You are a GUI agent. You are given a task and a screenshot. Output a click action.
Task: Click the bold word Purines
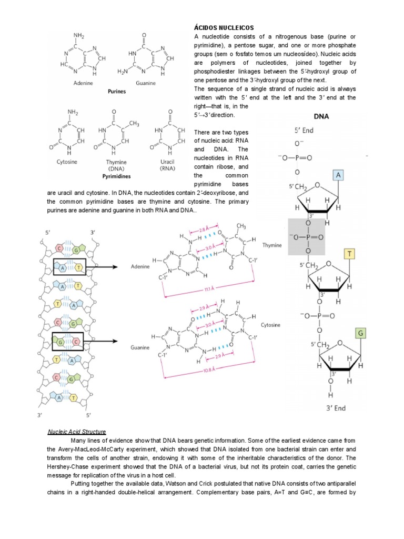pyautogui.click(x=117, y=91)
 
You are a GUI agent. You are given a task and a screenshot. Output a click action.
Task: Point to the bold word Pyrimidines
pyautogui.click(x=117, y=177)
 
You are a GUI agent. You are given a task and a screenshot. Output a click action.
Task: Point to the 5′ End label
pyautogui.click(x=304, y=129)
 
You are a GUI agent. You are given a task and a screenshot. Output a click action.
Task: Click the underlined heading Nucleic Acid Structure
pyautogui.click(x=77, y=431)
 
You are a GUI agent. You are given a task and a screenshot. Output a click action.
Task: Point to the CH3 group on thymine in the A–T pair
pyautogui.click(x=242, y=227)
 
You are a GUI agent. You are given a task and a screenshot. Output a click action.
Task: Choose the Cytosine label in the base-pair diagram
pyautogui.click(x=270, y=325)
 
